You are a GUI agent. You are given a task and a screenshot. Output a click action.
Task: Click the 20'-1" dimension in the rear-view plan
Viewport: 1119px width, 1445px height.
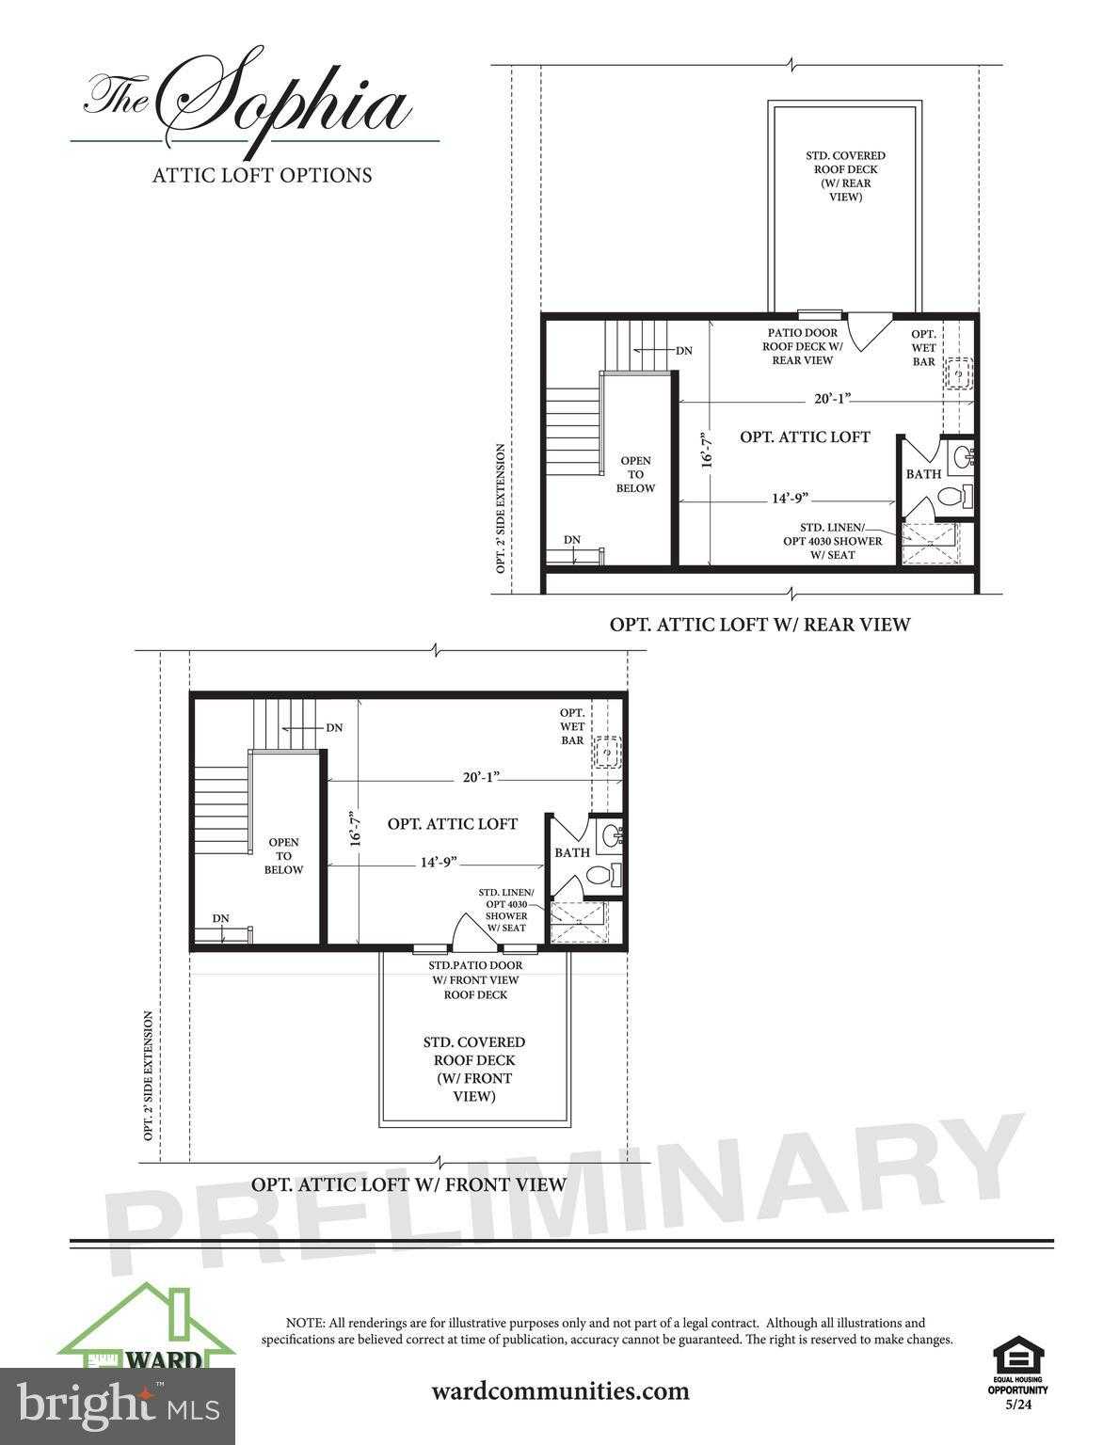pyautogui.click(x=832, y=398)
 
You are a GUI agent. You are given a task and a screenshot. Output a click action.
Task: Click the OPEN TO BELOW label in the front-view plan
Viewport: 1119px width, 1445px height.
pyautogui.click(x=283, y=856)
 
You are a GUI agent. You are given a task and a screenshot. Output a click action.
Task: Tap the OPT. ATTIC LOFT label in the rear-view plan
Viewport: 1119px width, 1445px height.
pyautogui.click(x=805, y=437)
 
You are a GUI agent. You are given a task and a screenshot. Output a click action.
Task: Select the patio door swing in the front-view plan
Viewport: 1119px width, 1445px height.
pyautogui.click(x=468, y=930)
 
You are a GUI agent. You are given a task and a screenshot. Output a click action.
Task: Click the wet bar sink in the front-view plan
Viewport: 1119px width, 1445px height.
pyautogui.click(x=608, y=753)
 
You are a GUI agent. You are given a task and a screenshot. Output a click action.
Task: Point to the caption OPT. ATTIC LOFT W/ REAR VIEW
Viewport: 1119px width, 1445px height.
pyautogui.click(x=759, y=624)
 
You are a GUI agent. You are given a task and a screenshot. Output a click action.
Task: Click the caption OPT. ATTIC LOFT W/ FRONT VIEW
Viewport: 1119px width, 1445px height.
pyautogui.click(x=408, y=1184)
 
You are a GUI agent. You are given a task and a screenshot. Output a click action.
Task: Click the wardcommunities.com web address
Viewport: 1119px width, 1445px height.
pyautogui.click(x=560, y=1390)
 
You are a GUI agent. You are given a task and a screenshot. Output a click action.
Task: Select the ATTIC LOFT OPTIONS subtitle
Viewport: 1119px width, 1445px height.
pyautogui.click(x=262, y=175)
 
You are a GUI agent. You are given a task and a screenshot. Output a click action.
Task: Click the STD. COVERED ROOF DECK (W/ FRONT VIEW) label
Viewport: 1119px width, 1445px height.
pyautogui.click(x=473, y=1069)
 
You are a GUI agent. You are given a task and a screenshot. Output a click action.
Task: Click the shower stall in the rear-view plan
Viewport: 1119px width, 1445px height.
pyautogui.click(x=932, y=544)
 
